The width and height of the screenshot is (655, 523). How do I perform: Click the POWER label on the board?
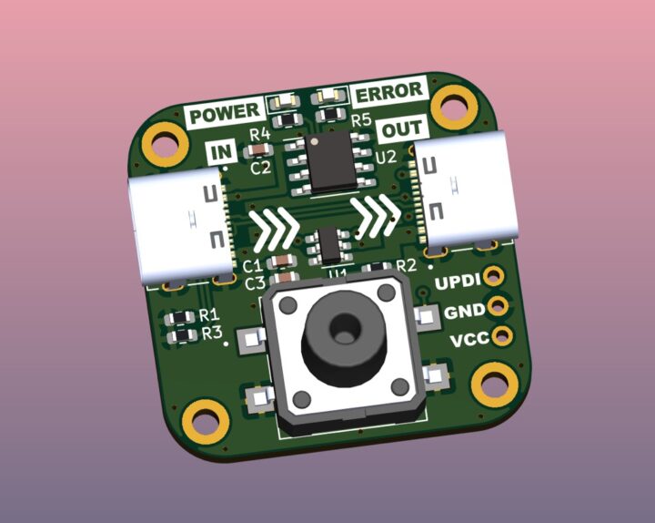pos(225,113)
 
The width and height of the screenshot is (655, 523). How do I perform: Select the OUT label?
pos(402,128)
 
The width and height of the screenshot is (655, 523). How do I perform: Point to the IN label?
pos(221,152)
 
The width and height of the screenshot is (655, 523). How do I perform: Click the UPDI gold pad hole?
pos(494,276)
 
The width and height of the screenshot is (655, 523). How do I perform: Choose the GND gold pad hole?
pos(498,306)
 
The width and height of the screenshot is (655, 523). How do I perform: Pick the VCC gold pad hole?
pos(502,335)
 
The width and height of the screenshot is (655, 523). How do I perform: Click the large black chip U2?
pos(330,162)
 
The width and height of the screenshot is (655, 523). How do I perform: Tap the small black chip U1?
pos(329,245)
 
